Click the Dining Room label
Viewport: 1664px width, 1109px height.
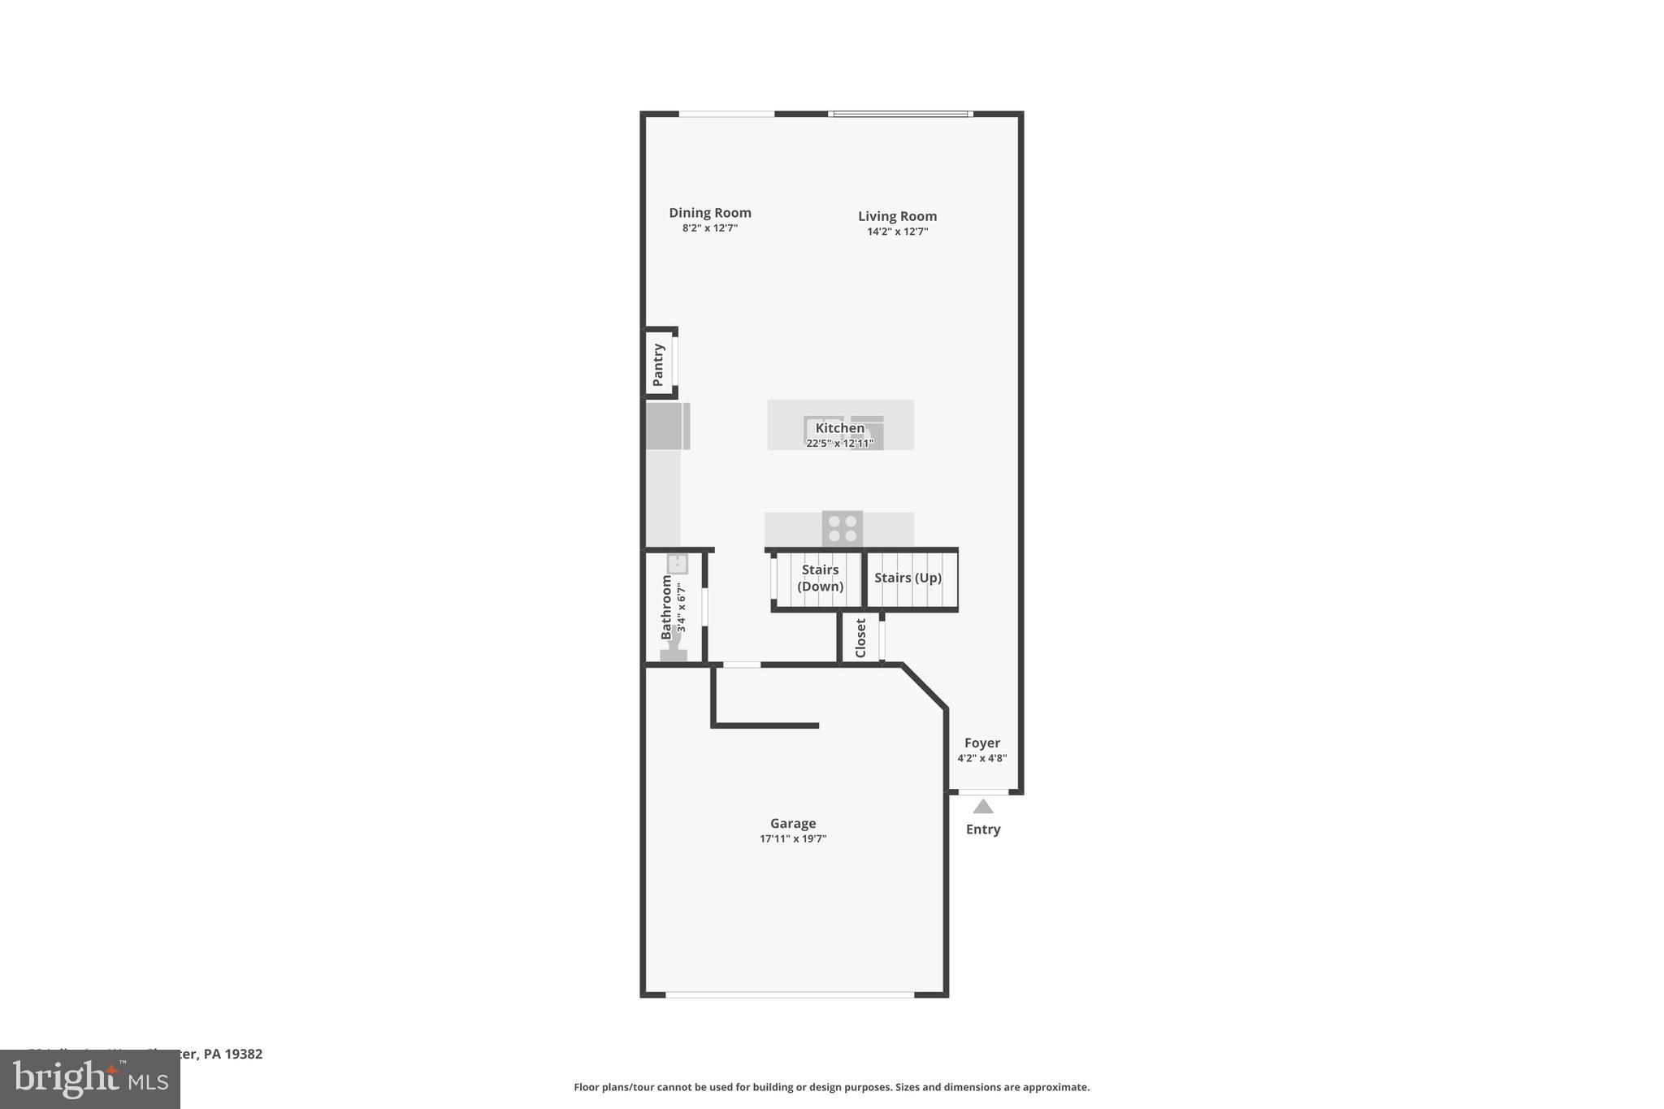[x=709, y=213]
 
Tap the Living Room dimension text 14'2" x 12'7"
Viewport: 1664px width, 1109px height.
[x=897, y=232]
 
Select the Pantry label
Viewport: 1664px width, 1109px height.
[x=658, y=365]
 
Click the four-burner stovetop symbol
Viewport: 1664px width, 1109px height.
[x=842, y=529]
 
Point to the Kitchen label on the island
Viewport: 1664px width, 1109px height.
[x=839, y=428]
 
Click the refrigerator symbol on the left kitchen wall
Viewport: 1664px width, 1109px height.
[x=667, y=427]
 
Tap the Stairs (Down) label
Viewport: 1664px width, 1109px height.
[x=820, y=578]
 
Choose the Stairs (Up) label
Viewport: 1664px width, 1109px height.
[x=908, y=578]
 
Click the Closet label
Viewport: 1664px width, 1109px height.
[x=860, y=639]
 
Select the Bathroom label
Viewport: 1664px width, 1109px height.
[x=666, y=607]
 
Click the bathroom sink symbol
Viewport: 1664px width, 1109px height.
[x=677, y=564]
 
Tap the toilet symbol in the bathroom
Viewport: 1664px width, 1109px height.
[x=673, y=651]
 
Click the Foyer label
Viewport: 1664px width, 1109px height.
[x=981, y=743]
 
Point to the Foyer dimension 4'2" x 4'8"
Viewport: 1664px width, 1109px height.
[x=981, y=759]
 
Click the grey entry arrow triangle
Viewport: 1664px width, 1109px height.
[x=983, y=807]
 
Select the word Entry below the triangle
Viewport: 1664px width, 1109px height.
[x=982, y=830]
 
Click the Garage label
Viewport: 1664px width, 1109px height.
[x=792, y=823]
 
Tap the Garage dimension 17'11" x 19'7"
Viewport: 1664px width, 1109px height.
[x=792, y=839]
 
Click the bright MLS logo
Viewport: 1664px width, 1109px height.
[x=89, y=1080]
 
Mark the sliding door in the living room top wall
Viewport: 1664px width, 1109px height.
[x=900, y=114]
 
